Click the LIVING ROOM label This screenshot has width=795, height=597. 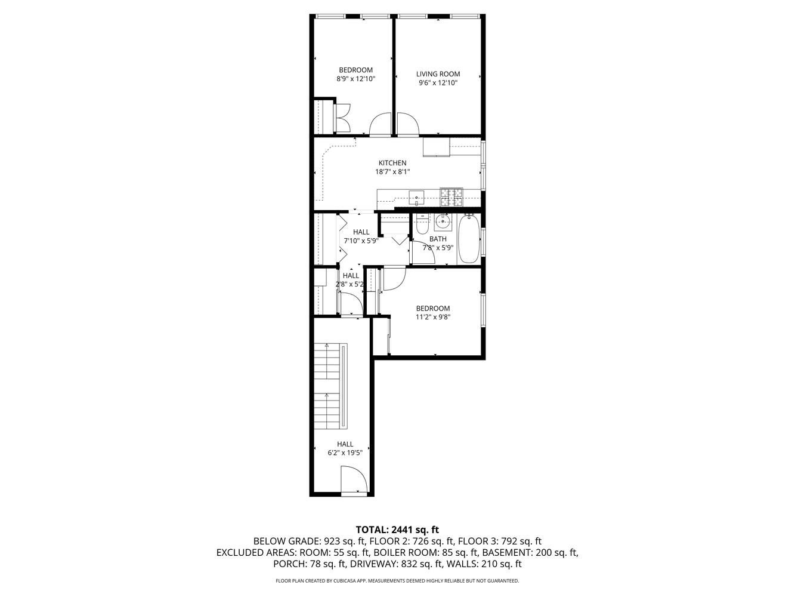(x=438, y=74)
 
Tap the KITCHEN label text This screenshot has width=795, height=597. (x=392, y=163)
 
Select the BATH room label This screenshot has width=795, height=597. (x=438, y=239)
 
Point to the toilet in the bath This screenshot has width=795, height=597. (x=422, y=224)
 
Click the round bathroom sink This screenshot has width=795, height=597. (x=442, y=222)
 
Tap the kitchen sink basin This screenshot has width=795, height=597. (x=416, y=196)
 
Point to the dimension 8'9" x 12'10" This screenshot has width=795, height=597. (x=356, y=79)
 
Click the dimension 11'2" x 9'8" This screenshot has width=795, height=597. (x=433, y=317)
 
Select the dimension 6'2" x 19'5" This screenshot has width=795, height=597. (x=345, y=453)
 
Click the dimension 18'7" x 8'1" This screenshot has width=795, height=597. (x=392, y=172)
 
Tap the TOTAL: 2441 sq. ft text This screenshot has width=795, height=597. (x=397, y=529)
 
